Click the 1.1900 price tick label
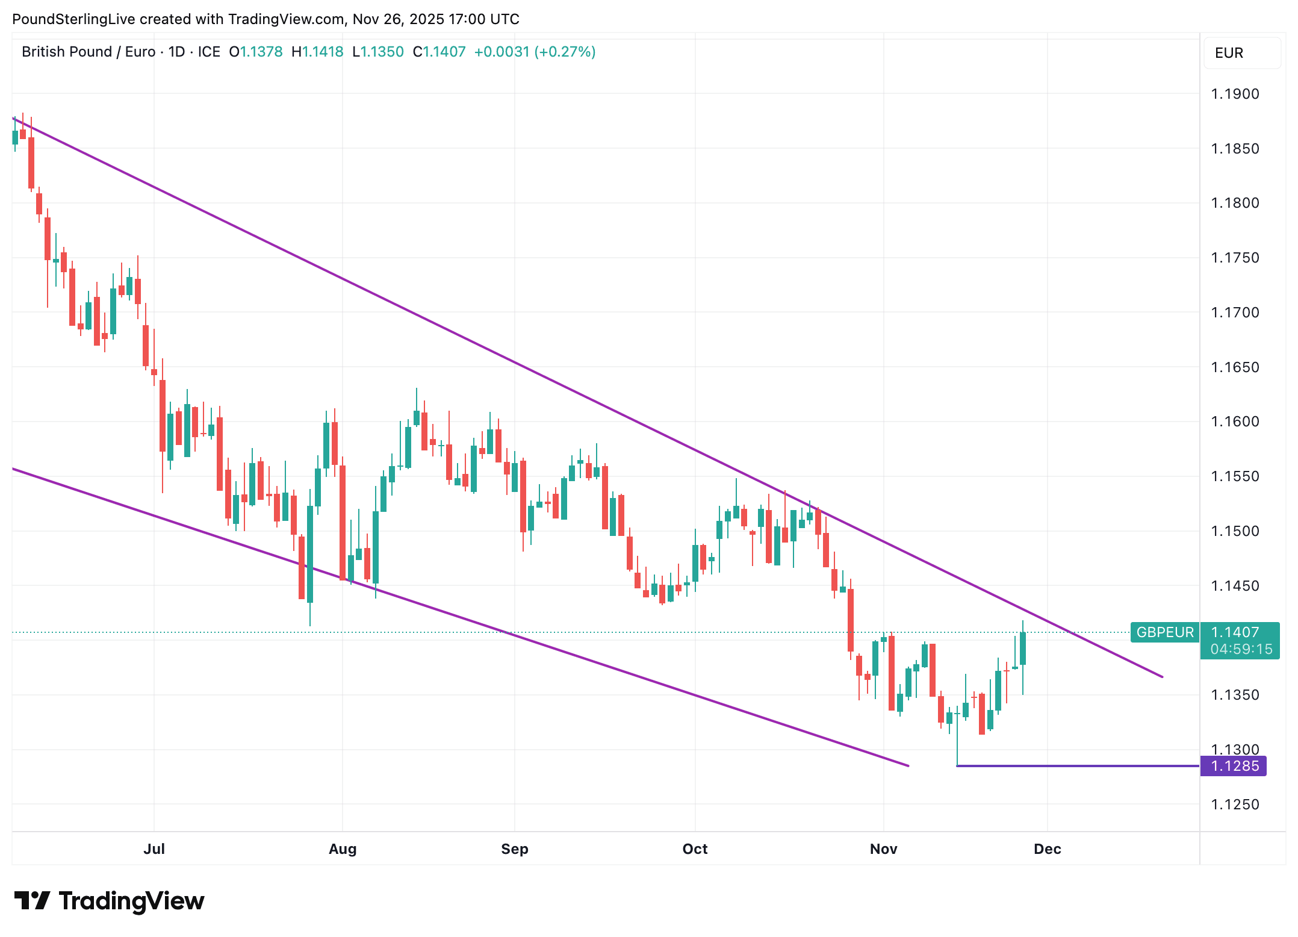(1235, 94)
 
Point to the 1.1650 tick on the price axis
(1235, 367)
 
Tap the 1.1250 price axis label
(1235, 804)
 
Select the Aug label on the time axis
(343, 848)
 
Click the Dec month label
(1047, 848)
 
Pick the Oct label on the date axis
(695, 848)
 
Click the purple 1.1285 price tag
(1234, 766)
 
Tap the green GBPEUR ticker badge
(1164, 632)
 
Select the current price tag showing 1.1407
(1240, 632)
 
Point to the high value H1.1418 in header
(317, 52)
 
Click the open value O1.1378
(256, 52)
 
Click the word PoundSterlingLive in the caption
(73, 19)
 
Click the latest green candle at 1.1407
(1023, 649)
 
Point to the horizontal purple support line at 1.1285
(1078, 766)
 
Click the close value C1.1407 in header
(439, 52)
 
